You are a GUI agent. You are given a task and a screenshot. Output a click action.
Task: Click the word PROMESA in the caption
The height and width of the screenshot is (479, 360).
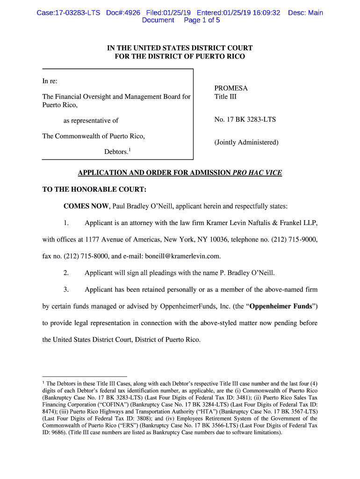point(231,88)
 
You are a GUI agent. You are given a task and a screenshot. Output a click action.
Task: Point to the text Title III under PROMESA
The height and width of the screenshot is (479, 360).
point(225,97)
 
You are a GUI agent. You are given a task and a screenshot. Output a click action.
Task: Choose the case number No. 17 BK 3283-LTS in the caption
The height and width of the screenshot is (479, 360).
point(245,120)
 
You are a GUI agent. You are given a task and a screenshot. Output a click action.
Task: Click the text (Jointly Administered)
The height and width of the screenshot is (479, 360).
point(246,142)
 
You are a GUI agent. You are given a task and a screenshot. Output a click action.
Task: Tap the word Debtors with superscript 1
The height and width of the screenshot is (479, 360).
point(117,152)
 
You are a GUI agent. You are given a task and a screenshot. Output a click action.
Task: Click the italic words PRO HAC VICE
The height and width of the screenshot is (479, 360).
point(257,173)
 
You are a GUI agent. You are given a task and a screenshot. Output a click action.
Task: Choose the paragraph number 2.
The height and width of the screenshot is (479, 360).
point(66,273)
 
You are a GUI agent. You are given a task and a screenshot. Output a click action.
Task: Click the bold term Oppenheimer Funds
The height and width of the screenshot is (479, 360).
point(279,306)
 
